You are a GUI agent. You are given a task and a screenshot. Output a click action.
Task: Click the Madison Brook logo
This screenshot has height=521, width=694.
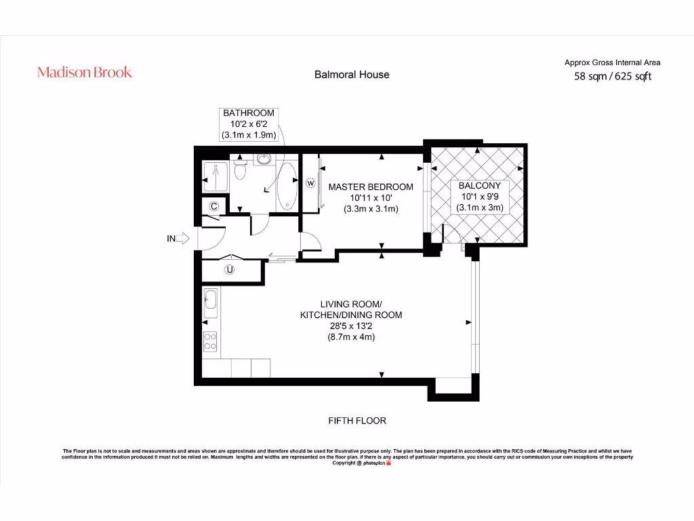[x=85, y=73]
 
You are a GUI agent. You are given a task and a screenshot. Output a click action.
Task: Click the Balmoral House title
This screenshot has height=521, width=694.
[x=352, y=75]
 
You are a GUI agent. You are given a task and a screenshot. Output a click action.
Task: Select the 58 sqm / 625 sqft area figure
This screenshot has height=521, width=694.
[x=613, y=77]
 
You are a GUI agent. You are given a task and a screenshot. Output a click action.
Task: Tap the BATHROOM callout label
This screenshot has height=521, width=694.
[x=249, y=113]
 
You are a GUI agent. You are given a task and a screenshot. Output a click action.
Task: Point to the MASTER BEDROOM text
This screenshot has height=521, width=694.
[x=371, y=187]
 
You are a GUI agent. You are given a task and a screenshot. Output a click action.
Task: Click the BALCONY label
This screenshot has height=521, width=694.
[x=479, y=185]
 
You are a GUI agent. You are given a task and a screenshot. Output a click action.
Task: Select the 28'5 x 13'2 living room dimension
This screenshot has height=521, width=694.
[x=351, y=326]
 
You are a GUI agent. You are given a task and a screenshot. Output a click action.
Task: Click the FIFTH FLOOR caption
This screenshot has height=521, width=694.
[x=357, y=421]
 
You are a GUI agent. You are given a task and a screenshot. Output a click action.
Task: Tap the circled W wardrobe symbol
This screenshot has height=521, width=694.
[x=311, y=182]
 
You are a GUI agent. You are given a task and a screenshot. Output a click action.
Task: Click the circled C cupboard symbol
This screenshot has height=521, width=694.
[x=213, y=206]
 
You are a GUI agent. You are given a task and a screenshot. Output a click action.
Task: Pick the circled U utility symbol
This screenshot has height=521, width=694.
[x=230, y=270]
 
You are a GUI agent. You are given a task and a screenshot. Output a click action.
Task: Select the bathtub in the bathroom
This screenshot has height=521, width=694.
[x=287, y=185]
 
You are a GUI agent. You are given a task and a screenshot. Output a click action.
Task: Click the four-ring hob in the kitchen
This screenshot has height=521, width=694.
[x=211, y=340]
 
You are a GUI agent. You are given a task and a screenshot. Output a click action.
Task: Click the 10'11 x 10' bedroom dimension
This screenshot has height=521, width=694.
[x=370, y=197]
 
